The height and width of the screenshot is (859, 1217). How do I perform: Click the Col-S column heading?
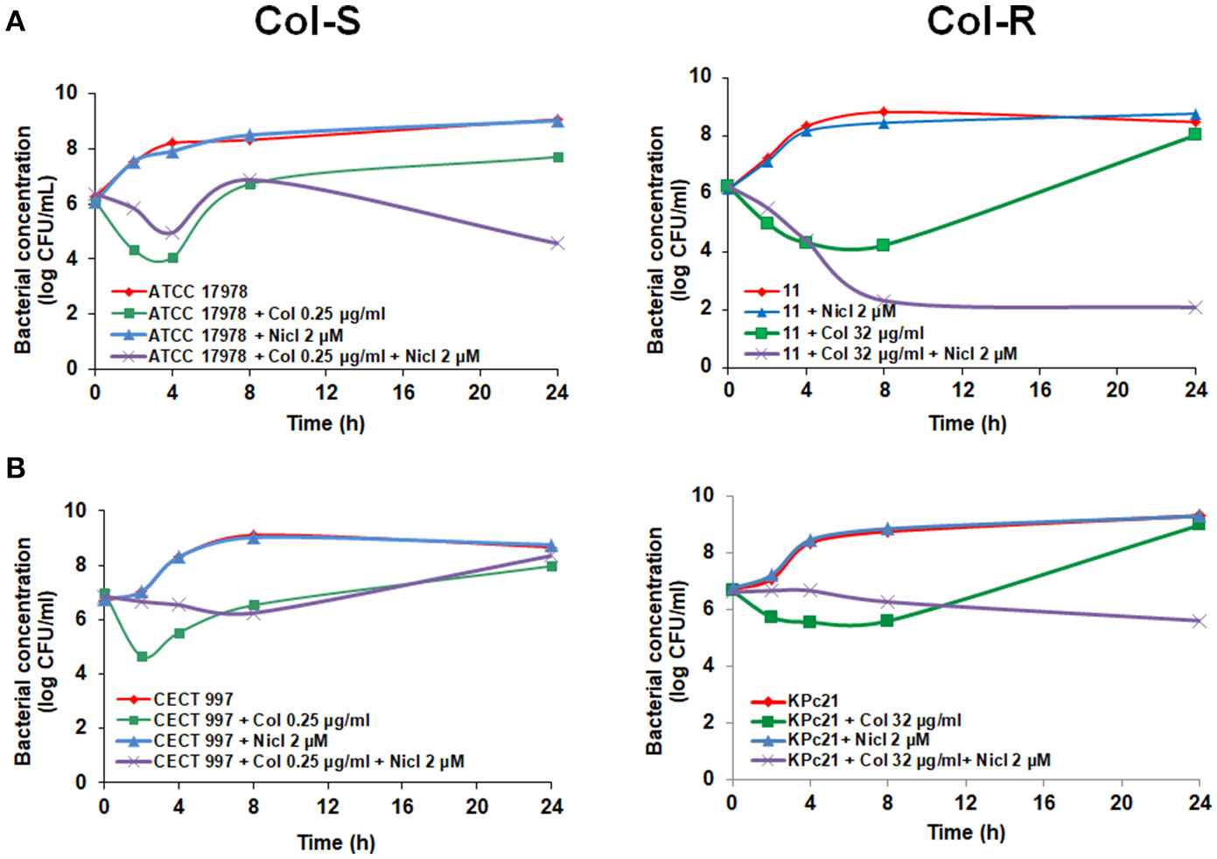coord(307,21)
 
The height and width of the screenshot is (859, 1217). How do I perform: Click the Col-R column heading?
coord(981,21)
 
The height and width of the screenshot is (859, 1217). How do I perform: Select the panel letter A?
coord(15,21)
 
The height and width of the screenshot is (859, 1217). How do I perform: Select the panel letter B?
coord(15,468)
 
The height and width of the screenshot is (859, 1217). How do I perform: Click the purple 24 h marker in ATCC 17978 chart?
coord(557,243)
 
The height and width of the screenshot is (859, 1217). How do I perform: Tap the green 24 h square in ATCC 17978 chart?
coord(557,157)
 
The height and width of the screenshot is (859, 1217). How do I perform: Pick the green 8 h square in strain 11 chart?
coord(884,246)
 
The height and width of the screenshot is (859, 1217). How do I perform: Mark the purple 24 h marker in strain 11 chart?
coord(1195,307)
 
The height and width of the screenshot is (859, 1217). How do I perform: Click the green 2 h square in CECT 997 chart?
coord(142,656)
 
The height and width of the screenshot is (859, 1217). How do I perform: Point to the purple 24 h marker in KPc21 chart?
coord(1199,621)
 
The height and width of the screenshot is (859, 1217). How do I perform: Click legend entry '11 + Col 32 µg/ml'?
coord(853,332)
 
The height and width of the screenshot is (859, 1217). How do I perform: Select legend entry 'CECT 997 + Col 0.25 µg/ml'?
coord(261,720)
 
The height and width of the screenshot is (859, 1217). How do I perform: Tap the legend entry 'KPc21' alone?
coord(813,701)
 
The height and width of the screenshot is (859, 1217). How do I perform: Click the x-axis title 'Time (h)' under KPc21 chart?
coord(966,832)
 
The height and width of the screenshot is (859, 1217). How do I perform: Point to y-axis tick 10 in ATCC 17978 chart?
coord(66,93)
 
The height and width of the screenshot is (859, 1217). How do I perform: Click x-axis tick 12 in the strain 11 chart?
coord(962,390)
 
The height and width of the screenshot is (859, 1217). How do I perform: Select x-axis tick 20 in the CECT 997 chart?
coord(477,806)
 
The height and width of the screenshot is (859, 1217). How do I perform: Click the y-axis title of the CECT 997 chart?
coord(35,652)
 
